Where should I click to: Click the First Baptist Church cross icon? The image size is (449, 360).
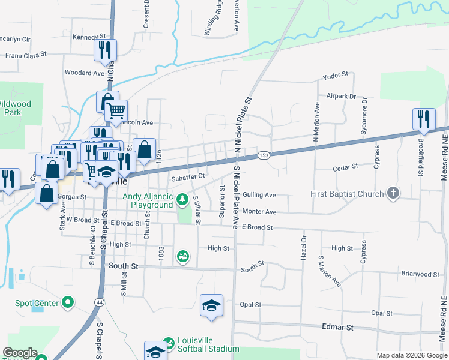click(x=393, y=193)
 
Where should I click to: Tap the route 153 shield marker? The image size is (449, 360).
click(x=264, y=155)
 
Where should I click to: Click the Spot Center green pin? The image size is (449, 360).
click(x=67, y=302)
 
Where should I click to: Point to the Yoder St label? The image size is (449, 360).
click(x=335, y=75)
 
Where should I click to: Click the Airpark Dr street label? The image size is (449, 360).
click(x=341, y=96)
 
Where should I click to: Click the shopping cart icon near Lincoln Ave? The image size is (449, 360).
click(x=116, y=110)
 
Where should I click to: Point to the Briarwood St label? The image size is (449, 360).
click(x=420, y=274)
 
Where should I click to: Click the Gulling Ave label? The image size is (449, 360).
click(x=259, y=195)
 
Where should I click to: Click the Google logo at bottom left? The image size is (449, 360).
click(x=19, y=353)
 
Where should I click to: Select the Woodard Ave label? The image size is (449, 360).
click(x=84, y=73)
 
